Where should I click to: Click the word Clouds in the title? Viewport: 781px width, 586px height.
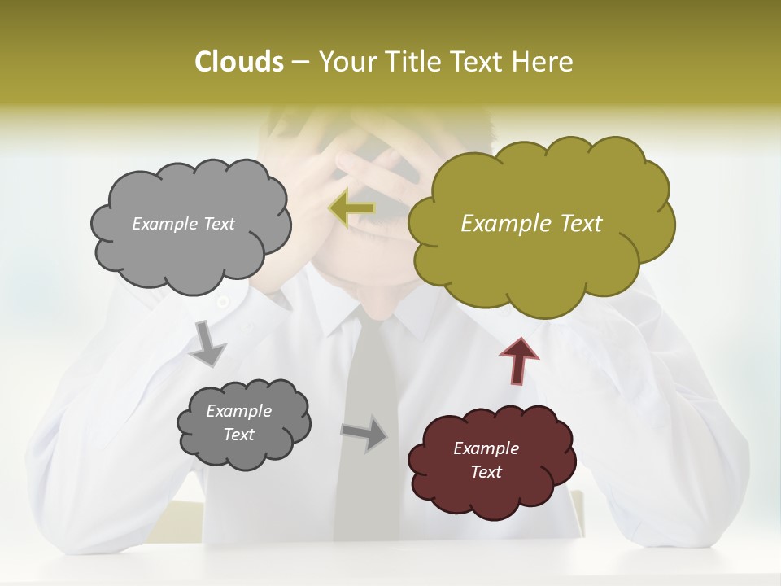238,62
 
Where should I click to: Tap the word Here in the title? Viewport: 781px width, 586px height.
543,62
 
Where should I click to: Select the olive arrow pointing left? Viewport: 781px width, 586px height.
352,209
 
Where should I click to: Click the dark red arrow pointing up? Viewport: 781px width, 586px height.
519,361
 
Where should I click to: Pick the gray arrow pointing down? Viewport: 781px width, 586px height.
207,343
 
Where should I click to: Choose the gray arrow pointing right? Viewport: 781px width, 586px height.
365,432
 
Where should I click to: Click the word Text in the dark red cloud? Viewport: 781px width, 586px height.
486,472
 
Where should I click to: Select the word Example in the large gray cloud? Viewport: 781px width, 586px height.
165,224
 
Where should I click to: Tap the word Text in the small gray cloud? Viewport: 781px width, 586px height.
238,435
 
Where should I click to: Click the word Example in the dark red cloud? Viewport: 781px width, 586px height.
486,448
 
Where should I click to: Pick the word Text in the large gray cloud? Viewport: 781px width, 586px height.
218,224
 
